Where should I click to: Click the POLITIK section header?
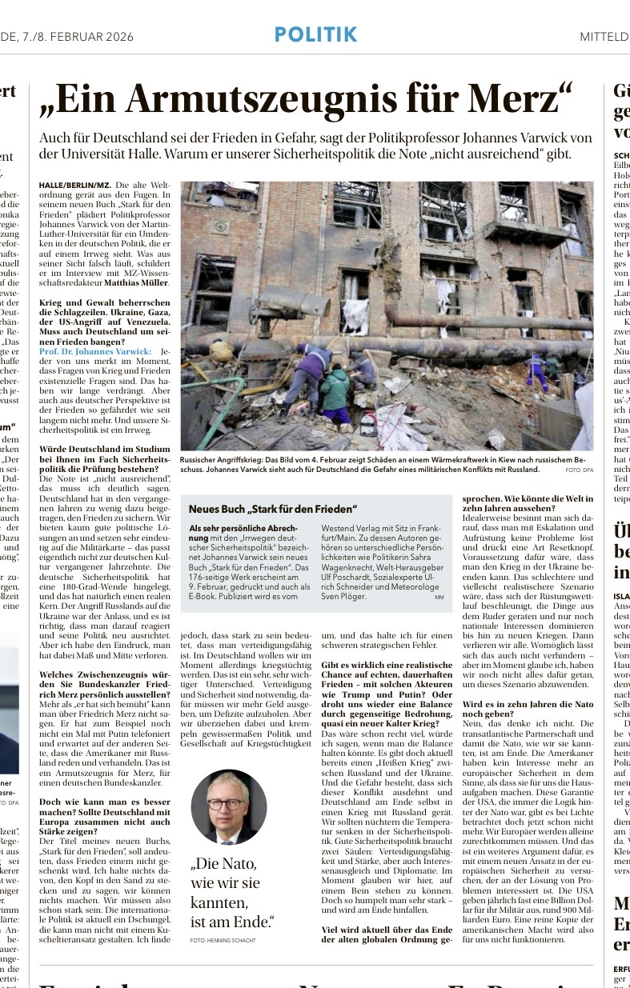click(x=315, y=34)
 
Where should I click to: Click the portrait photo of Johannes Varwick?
click(x=229, y=807)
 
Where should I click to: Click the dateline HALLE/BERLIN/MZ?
click(x=74, y=185)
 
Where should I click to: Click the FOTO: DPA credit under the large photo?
click(x=579, y=470)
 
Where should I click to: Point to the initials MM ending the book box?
click(x=439, y=597)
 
